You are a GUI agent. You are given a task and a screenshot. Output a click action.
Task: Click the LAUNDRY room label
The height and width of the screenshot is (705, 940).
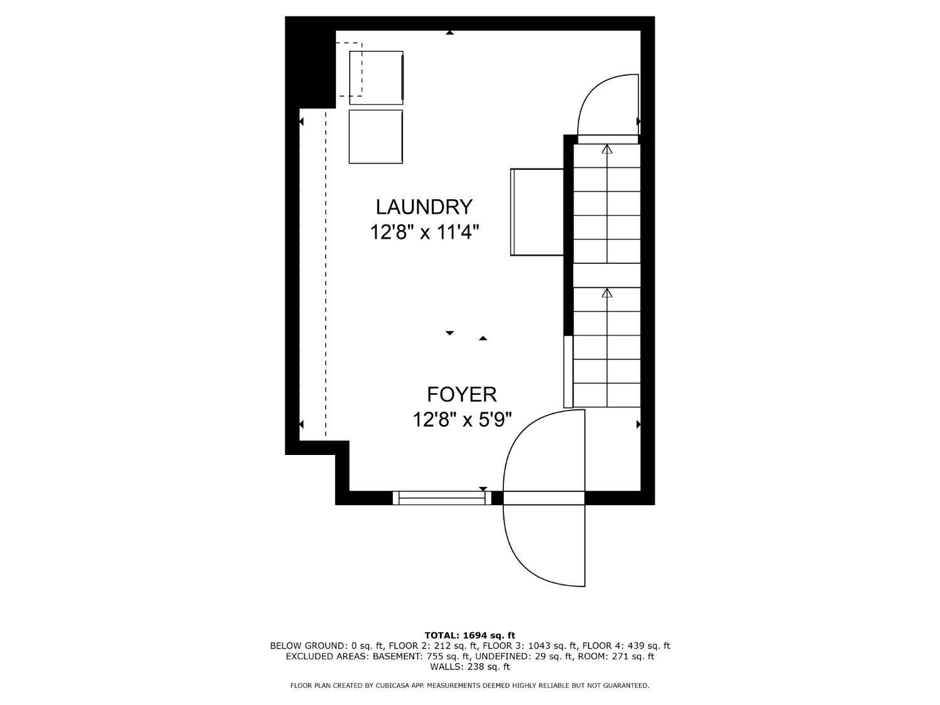coord(424,207)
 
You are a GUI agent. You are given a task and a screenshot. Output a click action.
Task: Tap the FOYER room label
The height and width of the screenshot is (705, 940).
coord(462,394)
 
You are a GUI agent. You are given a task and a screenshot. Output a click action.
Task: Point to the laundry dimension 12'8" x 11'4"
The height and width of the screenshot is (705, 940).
coord(424,232)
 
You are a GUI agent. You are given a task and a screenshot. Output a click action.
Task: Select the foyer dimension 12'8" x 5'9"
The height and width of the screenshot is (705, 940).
coord(462,419)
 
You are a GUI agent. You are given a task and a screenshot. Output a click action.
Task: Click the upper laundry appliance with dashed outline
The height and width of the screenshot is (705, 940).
coord(376,77)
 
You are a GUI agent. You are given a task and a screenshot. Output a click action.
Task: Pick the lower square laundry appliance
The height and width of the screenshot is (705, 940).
coord(375,137)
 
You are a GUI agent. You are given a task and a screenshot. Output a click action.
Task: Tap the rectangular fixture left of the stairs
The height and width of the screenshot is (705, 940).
coord(538,212)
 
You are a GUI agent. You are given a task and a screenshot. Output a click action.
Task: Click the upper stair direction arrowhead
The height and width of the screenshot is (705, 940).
coord(607,149)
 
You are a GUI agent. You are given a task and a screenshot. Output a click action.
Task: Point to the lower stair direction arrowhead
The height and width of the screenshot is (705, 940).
coord(607,293)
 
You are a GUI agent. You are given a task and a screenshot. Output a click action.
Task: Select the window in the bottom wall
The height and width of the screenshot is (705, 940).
coord(442,498)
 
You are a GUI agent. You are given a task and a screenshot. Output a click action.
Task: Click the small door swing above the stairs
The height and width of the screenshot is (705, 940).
coord(607,105)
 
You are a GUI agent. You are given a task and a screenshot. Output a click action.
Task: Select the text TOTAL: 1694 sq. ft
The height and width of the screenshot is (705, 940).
coord(470,635)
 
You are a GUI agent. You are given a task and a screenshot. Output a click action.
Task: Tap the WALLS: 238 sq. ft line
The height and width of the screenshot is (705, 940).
coord(470,667)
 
